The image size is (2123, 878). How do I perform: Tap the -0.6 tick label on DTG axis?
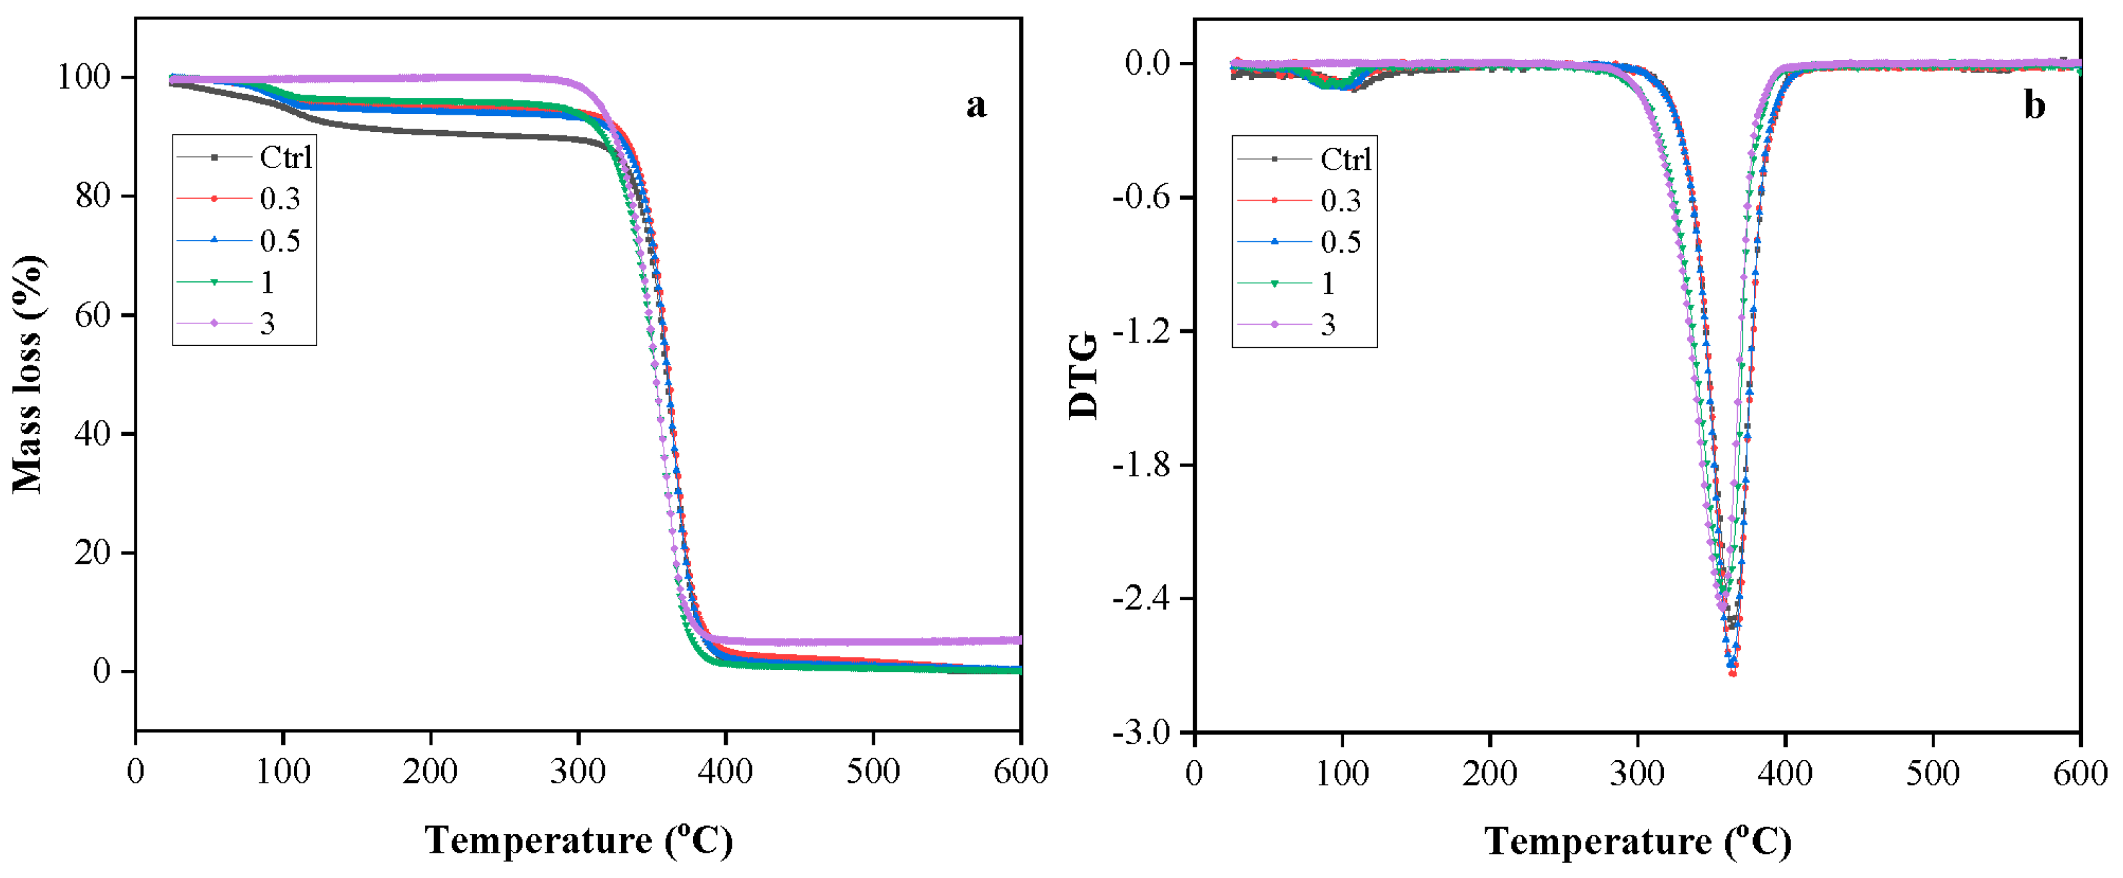tap(1141, 197)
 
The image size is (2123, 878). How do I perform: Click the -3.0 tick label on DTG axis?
tap(1141, 732)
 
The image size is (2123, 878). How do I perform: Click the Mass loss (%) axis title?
tap(28, 375)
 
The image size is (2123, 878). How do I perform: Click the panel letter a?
tap(976, 105)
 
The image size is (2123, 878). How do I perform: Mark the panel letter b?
tap(2034, 105)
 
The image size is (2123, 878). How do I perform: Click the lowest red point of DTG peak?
tap(1733, 673)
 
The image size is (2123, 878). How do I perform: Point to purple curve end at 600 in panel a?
tap(1019, 640)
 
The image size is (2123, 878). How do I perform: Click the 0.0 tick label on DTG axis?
tap(1147, 63)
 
